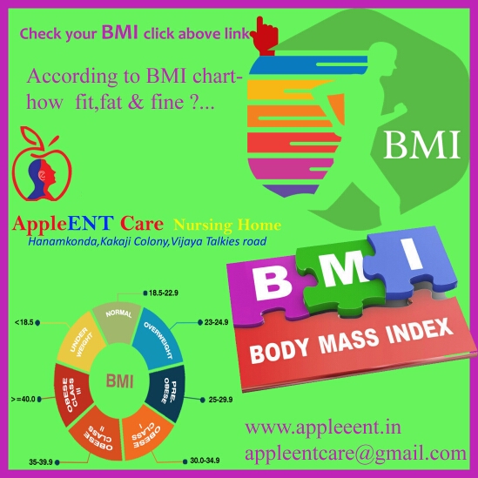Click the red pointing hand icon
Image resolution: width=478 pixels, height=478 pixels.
tap(265, 37)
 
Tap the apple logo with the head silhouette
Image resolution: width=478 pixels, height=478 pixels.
tap(42, 164)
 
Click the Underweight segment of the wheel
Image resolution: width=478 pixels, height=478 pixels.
tap(80, 342)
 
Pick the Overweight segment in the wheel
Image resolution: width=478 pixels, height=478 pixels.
tap(158, 339)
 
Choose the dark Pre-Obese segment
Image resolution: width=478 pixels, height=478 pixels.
tap(166, 393)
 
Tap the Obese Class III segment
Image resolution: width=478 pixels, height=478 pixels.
tap(72, 394)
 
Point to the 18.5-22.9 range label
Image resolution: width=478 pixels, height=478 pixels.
tap(164, 293)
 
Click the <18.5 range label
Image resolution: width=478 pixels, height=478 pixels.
tap(24, 322)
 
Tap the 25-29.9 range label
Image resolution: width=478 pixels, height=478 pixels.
tap(220, 400)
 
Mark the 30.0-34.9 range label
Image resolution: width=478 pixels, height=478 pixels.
tap(205, 461)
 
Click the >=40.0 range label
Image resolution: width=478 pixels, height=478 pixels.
tap(24, 399)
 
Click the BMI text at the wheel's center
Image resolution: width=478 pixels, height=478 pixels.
tap(119, 381)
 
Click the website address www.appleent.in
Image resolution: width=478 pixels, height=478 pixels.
tap(323, 428)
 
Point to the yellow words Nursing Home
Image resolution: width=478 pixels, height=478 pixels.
tap(227, 225)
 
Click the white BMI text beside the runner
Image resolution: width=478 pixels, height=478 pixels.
tap(422, 145)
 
